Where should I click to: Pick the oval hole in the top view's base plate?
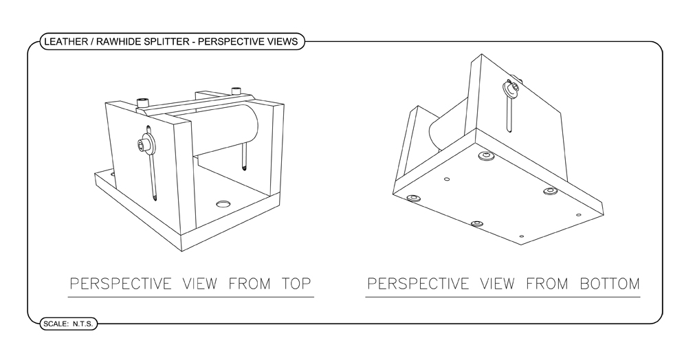[x=223, y=204]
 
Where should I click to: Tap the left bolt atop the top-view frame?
[x=144, y=103]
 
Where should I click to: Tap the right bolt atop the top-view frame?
[x=236, y=89]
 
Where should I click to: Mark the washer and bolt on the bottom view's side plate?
[x=511, y=87]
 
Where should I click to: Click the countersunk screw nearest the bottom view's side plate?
[x=487, y=157]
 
